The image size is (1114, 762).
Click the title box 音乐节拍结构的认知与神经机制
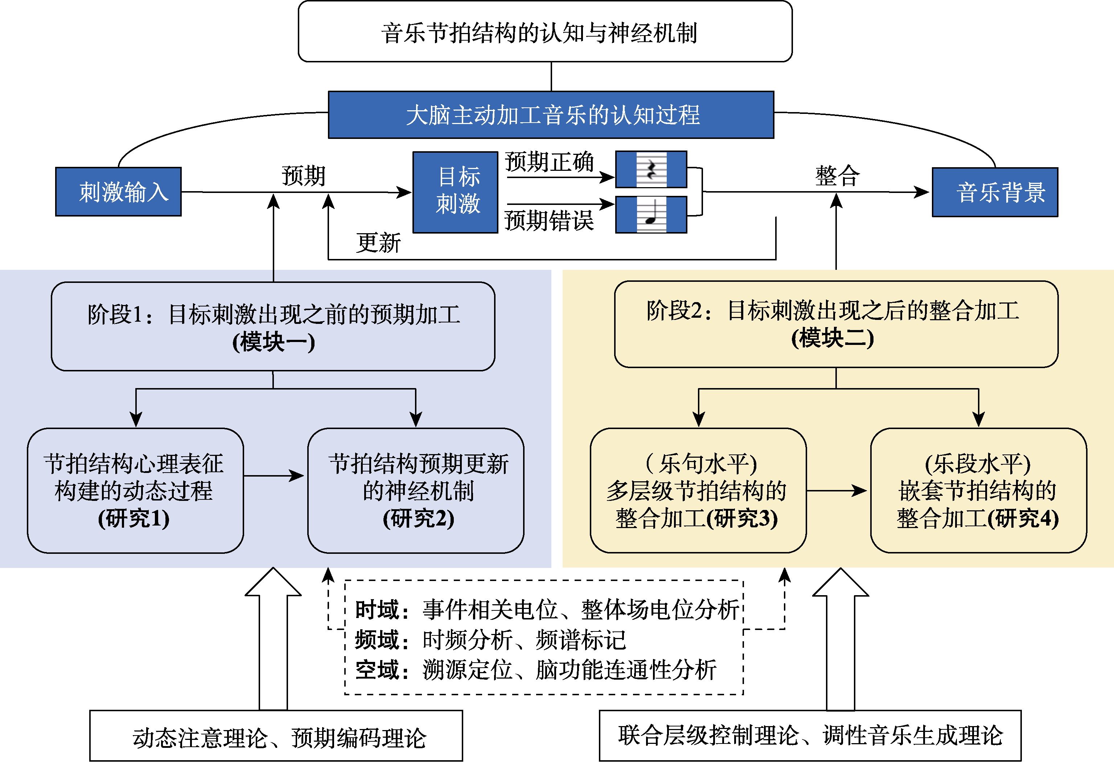tap(545, 32)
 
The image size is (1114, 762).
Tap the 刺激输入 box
tap(118, 192)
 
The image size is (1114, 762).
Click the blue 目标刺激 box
tap(455, 192)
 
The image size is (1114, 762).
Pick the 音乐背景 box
tap(995, 192)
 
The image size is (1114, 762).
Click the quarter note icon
tap(651, 215)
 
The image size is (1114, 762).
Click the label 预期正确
tap(549, 162)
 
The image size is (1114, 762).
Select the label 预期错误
tap(549, 221)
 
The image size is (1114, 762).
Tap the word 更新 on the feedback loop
tap(378, 243)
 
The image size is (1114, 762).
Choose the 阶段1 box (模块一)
tap(273, 326)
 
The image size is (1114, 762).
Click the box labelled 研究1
tap(135, 490)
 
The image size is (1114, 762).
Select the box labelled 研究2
tap(416, 490)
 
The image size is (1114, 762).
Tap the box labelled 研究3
tap(698, 490)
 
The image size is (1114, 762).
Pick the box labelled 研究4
tap(978, 490)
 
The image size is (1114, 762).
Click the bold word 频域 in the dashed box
tap(377, 640)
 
